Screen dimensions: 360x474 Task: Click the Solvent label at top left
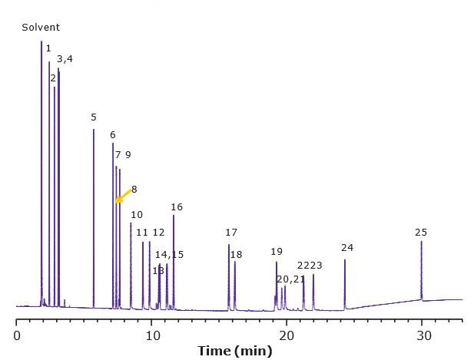tap(41, 28)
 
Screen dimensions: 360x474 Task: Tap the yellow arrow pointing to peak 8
tap(121, 196)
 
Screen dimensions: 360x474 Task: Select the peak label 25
tap(421, 232)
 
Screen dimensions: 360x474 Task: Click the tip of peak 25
tap(421, 242)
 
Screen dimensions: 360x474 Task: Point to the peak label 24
tap(347, 248)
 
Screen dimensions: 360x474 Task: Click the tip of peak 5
tap(94, 129)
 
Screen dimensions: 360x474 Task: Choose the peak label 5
tap(94, 117)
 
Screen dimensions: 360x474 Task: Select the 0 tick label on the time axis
tap(17, 335)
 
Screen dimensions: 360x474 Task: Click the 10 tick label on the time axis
tap(152, 335)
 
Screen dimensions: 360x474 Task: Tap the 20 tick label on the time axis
tap(287, 335)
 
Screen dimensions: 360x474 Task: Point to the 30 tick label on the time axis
tap(422, 335)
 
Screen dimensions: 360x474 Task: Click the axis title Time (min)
tap(235, 351)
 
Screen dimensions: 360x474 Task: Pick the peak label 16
tap(177, 207)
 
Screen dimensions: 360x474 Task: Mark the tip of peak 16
tap(174, 216)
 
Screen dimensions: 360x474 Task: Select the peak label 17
tap(231, 233)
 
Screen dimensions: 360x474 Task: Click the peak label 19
tap(277, 252)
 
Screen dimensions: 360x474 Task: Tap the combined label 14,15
tap(170, 254)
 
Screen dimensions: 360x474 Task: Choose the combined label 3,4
tap(65, 59)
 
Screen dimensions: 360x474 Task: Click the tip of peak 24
tap(345, 260)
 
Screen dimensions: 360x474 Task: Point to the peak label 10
tap(137, 215)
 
